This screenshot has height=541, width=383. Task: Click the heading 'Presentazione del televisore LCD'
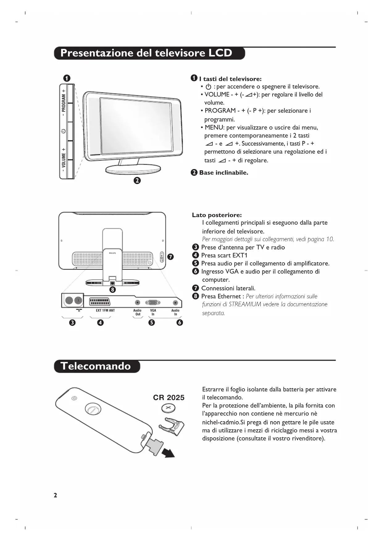[146, 53]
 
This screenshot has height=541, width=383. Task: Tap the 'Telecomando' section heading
[96, 366]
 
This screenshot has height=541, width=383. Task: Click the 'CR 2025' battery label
[169, 398]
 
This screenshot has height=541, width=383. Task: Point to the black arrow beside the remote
[168, 453]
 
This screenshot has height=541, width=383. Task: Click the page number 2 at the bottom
[55, 495]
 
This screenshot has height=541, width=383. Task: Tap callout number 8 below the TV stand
[113, 289]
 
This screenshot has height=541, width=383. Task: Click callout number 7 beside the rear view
[170, 257]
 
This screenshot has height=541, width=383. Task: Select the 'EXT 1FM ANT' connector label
[105, 310]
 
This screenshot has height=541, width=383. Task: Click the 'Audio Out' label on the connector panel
[137, 312]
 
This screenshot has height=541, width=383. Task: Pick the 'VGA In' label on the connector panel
[153, 312]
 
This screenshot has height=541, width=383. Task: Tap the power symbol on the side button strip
[63, 131]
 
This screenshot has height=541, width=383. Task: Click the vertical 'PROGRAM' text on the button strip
[64, 103]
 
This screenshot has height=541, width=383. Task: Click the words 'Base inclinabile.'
[223, 173]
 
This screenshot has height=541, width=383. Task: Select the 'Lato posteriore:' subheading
[217, 215]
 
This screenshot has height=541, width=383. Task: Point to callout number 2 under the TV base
[137, 180]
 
